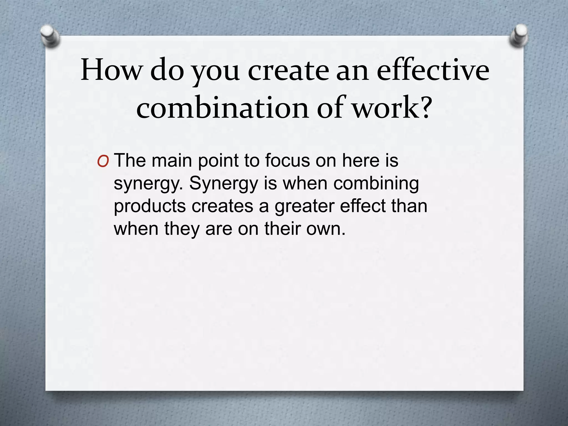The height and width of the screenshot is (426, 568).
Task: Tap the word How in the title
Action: click(x=111, y=70)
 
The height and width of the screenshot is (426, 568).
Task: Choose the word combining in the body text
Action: click(x=376, y=184)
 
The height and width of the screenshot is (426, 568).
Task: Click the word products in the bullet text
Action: click(x=150, y=207)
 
